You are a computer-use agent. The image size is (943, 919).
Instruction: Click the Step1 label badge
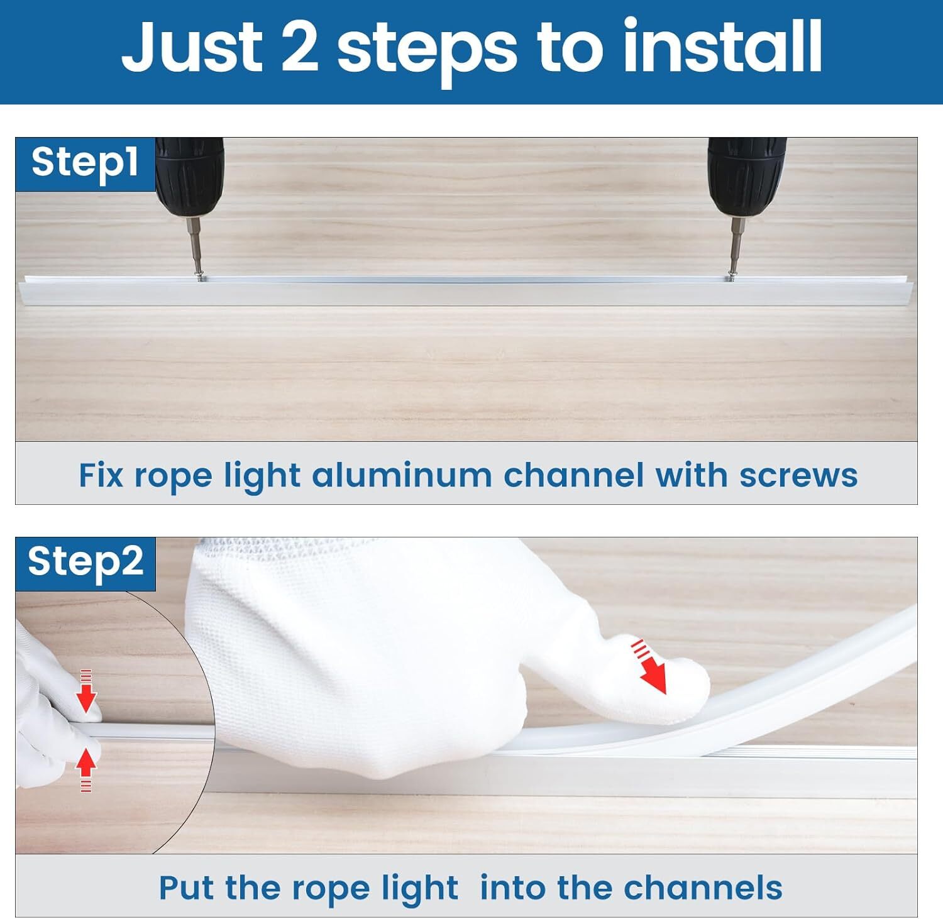(x=85, y=164)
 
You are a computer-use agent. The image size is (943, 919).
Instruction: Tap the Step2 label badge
(x=85, y=564)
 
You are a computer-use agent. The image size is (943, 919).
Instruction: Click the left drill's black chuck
(x=189, y=175)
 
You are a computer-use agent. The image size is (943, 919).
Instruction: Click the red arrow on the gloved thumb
(x=649, y=666)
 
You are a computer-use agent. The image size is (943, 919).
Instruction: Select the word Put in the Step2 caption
(x=187, y=888)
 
